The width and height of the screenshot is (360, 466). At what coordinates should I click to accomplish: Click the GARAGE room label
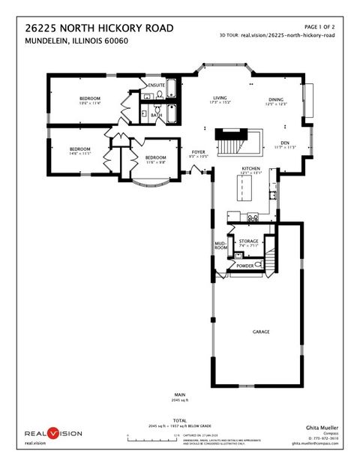click(x=261, y=332)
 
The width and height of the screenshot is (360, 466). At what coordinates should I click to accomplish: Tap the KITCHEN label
click(x=250, y=168)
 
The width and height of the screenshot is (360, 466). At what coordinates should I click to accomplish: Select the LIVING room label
click(x=220, y=98)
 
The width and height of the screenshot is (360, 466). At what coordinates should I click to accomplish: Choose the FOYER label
click(x=199, y=152)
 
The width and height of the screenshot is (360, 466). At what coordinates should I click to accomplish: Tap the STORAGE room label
click(x=249, y=241)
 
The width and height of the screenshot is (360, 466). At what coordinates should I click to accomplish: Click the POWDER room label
click(x=245, y=266)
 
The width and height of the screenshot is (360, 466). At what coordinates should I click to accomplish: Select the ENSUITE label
click(x=157, y=86)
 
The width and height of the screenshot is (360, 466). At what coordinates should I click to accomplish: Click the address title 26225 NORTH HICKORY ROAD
click(x=99, y=28)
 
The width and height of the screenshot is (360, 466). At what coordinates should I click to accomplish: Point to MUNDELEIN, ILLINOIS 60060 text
click(x=76, y=41)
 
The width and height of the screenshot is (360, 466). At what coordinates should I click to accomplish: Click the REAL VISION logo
click(x=54, y=434)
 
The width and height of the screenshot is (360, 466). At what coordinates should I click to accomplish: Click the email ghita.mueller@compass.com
click(x=315, y=443)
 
